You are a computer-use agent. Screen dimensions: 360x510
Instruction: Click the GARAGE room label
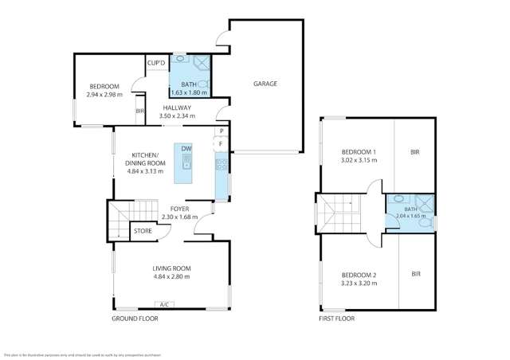265,84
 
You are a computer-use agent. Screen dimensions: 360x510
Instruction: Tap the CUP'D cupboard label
156,64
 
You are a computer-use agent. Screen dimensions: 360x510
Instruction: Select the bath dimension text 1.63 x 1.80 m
190,92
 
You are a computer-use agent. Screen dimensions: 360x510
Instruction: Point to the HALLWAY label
177,108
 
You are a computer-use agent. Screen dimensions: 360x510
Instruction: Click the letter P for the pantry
221,132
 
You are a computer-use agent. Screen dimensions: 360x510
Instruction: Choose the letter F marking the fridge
221,143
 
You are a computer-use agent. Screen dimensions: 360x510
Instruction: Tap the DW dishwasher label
186,149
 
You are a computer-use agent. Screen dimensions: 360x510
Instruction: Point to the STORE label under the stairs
143,231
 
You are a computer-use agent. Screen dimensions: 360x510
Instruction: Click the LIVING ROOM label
171,268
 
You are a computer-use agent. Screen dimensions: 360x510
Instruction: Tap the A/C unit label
163,304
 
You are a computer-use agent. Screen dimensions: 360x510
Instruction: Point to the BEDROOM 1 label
359,151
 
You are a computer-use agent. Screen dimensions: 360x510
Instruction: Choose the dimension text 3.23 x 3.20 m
359,283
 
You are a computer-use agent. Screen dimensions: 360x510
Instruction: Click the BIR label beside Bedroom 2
416,274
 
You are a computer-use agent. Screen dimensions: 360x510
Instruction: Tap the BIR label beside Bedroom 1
415,151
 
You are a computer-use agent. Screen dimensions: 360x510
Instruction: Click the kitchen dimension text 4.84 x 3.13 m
144,170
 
